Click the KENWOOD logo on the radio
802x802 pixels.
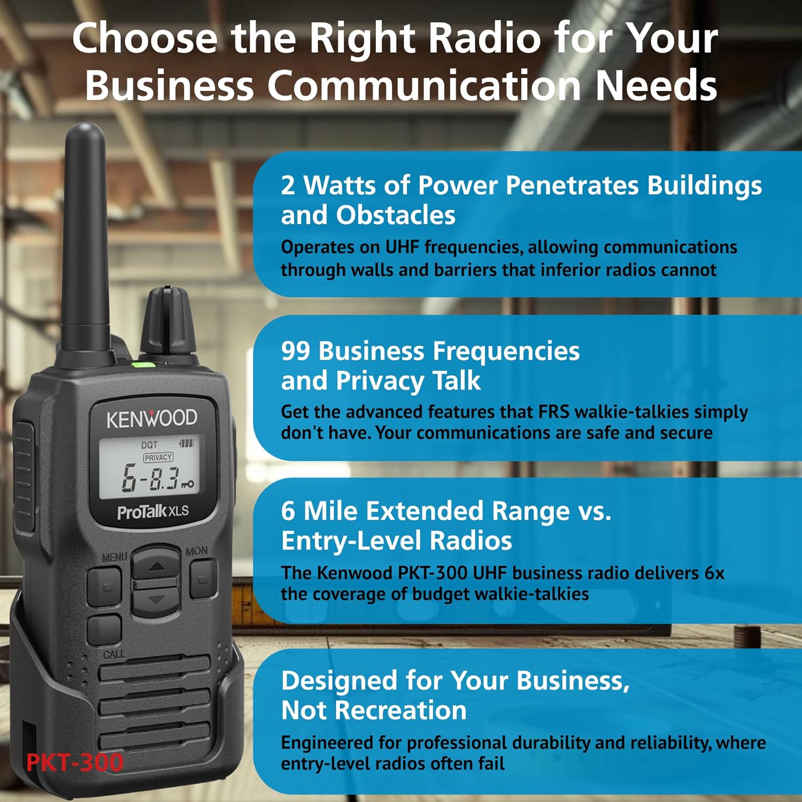[152, 419]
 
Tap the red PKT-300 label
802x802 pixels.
[75, 762]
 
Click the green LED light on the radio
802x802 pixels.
[143, 366]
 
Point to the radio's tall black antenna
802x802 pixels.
[86, 235]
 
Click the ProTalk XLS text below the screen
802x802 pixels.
[153, 512]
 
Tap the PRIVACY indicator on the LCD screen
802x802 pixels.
[158, 458]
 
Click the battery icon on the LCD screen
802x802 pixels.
[186, 443]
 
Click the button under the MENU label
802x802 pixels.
[105, 586]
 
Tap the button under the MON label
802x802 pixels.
[203, 579]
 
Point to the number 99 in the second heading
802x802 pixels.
[296, 351]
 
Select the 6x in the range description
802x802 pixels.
[714, 573]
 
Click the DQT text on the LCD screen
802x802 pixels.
[149, 445]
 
